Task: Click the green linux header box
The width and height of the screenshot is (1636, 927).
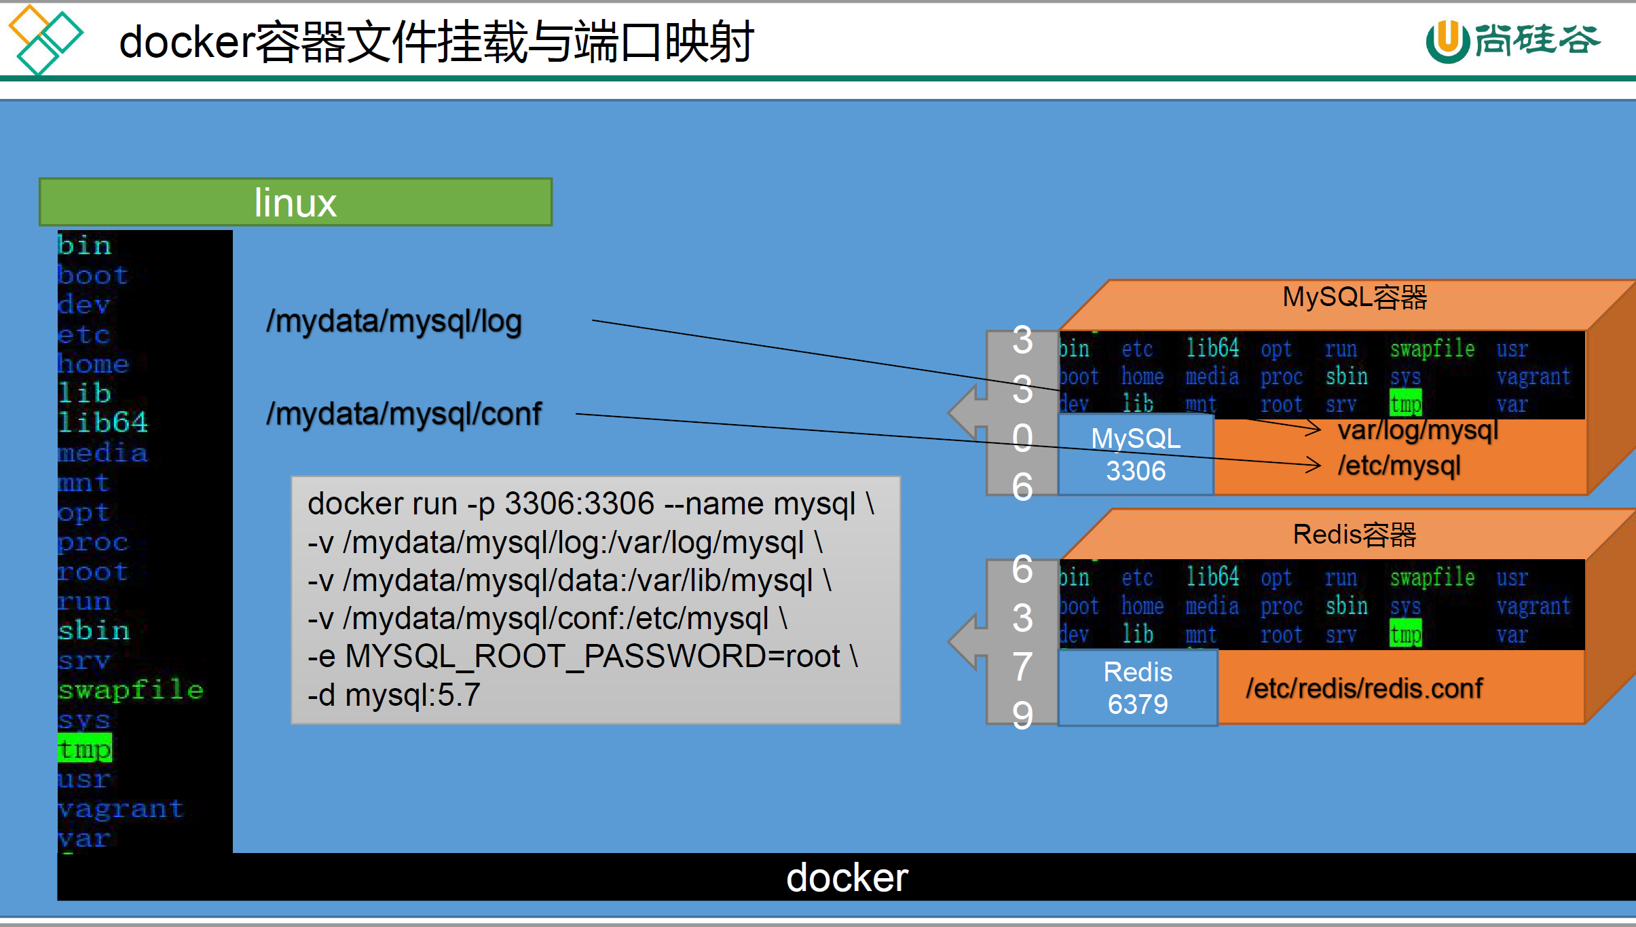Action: [x=295, y=202]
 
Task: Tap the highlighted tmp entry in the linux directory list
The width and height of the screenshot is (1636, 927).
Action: [x=85, y=749]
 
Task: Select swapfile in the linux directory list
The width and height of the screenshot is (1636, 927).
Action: [x=130, y=689]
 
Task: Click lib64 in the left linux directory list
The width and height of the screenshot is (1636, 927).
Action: [x=103, y=422]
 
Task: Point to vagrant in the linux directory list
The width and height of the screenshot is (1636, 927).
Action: [x=121, y=808]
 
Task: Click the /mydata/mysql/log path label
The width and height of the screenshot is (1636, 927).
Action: [x=394, y=321]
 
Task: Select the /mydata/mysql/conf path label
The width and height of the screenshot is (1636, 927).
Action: [x=404, y=414]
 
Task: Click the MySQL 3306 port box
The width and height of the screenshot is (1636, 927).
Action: [x=1136, y=454]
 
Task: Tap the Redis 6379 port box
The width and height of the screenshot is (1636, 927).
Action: [x=1138, y=687]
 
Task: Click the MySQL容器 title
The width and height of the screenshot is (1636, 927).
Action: [x=1354, y=297]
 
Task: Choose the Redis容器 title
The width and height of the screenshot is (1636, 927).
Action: [x=1354, y=535]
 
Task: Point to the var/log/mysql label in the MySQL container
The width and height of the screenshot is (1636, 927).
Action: [x=1417, y=430]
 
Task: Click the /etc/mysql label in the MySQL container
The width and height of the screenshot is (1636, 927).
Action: [x=1398, y=466]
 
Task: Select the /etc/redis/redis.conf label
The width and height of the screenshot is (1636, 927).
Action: [x=1364, y=689]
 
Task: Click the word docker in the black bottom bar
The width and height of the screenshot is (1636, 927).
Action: [x=847, y=877]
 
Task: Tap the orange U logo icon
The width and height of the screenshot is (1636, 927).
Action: [x=1447, y=41]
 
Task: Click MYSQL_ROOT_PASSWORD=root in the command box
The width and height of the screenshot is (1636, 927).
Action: [x=593, y=656]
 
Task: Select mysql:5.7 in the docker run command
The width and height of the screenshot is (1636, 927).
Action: [x=413, y=695]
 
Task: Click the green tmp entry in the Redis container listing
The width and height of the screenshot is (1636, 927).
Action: [x=1405, y=635]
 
